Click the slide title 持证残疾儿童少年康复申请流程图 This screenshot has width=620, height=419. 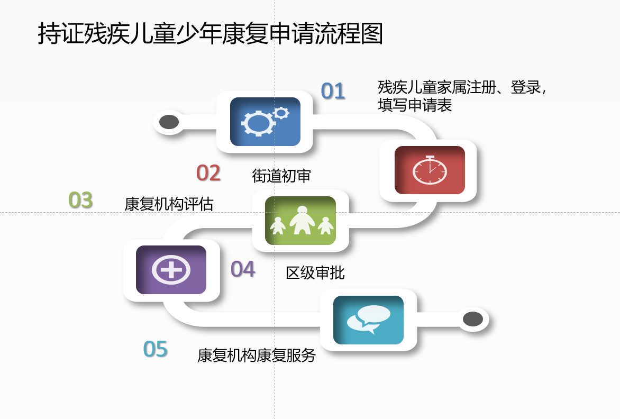(211, 33)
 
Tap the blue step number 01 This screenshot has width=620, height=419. (333, 91)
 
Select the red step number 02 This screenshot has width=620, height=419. (208, 173)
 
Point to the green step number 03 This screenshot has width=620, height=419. (80, 200)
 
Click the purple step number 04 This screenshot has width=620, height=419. (243, 270)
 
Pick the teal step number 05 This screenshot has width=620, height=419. (156, 349)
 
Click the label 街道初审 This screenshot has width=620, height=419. (281, 176)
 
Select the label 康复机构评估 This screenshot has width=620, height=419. (169, 204)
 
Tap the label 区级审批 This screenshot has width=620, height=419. (315, 273)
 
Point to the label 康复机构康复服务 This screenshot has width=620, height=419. (257, 356)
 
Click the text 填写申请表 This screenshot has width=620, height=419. (415, 105)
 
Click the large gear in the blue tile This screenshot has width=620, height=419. (258, 123)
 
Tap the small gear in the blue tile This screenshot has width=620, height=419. (281, 113)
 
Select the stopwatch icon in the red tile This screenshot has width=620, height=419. (430, 170)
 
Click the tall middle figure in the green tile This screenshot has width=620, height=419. (302, 220)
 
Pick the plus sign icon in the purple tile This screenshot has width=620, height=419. (171, 270)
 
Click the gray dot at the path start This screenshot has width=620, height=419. (169, 122)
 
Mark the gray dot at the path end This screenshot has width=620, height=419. (473, 319)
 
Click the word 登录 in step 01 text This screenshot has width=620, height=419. (525, 87)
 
